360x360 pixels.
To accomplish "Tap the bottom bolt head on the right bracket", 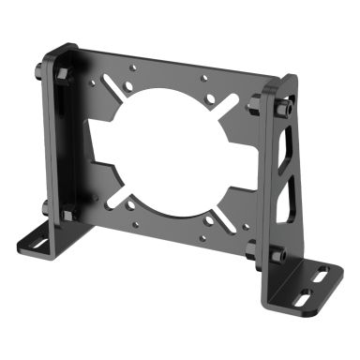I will tap(278, 255).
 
